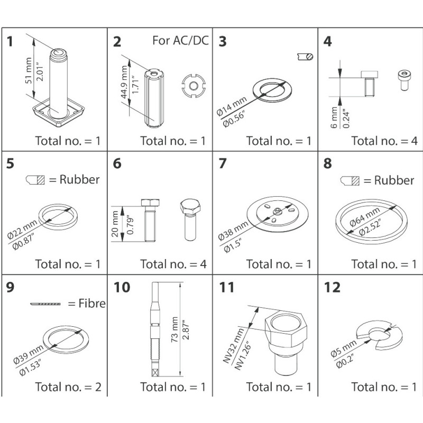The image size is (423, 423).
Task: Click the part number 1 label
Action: point(11,42)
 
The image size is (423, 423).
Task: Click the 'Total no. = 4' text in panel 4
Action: point(384,141)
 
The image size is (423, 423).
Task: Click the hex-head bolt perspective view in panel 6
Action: point(190,218)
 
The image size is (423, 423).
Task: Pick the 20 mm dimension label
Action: point(116,223)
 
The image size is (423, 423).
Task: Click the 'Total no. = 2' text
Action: point(68,387)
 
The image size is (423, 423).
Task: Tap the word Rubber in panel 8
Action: point(393,180)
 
